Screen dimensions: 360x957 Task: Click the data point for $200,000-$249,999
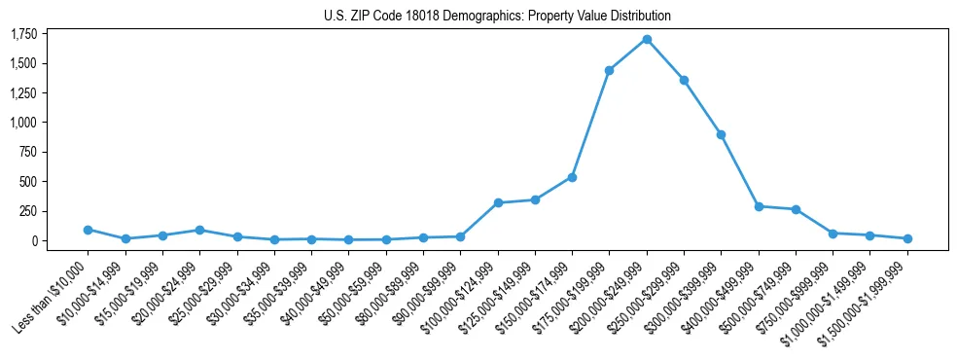coord(647,39)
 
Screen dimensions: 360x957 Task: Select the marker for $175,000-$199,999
coord(609,70)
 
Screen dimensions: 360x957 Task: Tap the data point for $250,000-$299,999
coord(684,80)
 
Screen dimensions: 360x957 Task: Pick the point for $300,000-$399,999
coord(721,134)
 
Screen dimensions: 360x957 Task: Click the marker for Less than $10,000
coord(88,230)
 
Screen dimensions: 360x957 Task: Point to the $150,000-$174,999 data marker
coord(572,177)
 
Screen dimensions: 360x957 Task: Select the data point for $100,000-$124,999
coord(498,202)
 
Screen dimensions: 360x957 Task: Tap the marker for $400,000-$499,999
coord(759,206)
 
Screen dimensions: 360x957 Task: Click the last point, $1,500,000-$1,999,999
coord(907,238)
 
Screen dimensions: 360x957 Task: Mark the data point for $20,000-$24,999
coord(199,230)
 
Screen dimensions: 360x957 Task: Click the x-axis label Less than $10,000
coord(53,297)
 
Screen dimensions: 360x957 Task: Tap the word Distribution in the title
coord(636,16)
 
